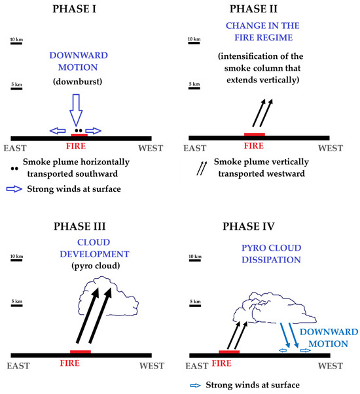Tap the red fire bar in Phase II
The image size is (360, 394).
coord(254,134)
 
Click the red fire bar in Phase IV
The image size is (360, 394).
coord(229,351)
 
